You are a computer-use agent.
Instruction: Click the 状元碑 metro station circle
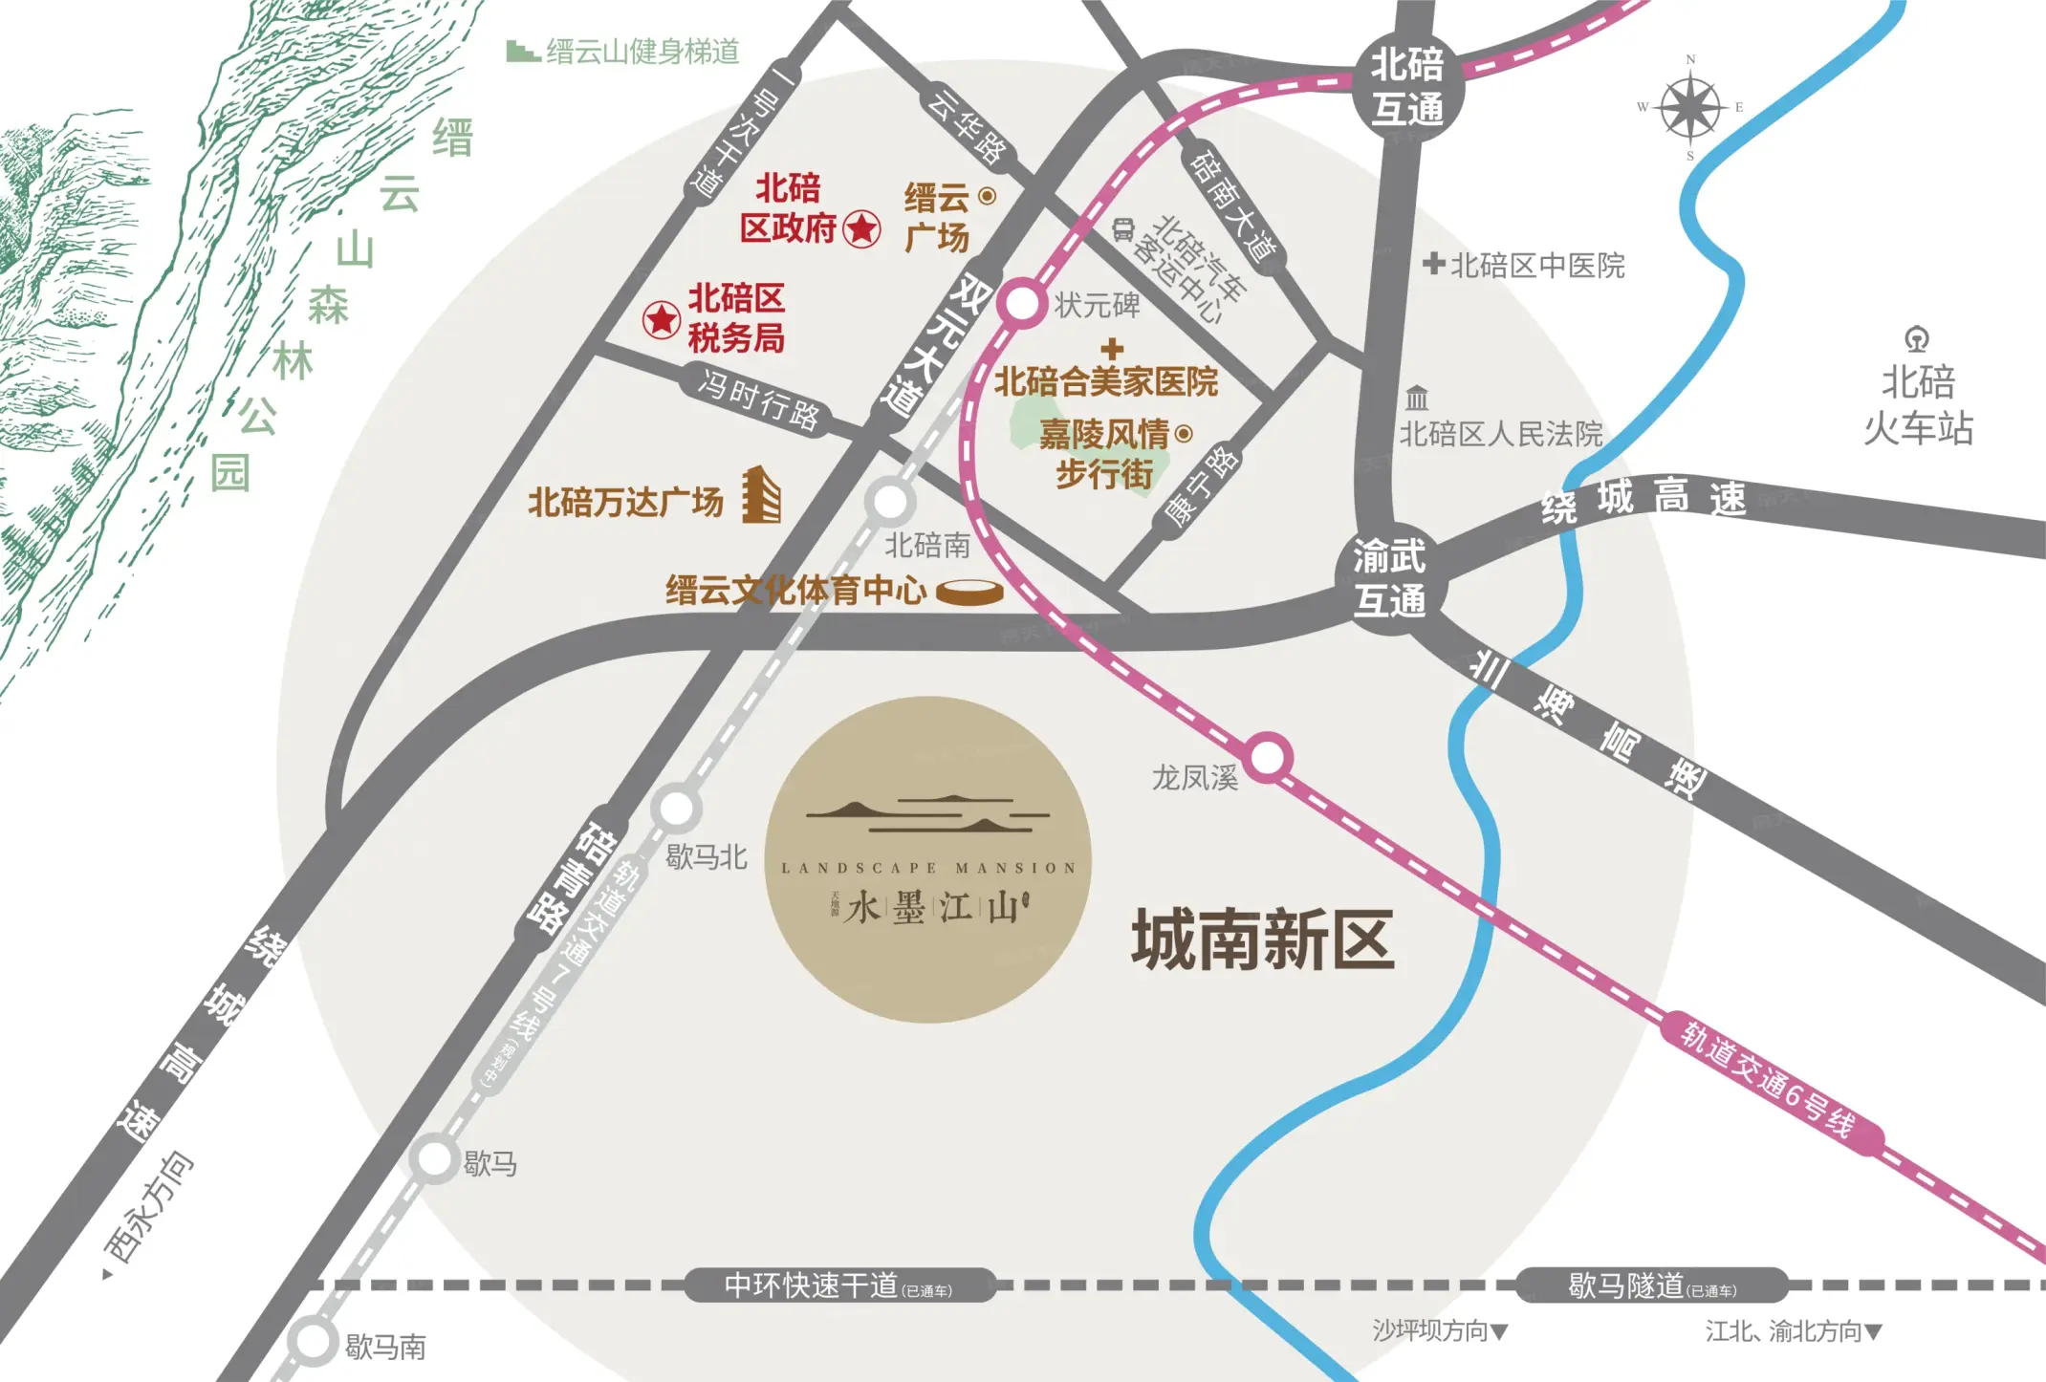pyautogui.click(x=1022, y=304)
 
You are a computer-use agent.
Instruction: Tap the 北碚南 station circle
pyautogui.click(x=890, y=501)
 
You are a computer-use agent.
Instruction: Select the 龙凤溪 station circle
pyautogui.click(x=1268, y=758)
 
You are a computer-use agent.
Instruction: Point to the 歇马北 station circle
pyautogui.click(x=677, y=809)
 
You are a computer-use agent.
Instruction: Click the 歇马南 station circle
pyautogui.click(x=313, y=1342)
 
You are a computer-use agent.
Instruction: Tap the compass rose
pyautogui.click(x=1690, y=107)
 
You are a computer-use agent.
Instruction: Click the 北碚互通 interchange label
pyautogui.click(x=1406, y=87)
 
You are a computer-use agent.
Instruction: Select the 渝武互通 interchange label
pyautogui.click(x=1389, y=578)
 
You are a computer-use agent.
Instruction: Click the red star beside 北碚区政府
pyautogui.click(x=862, y=228)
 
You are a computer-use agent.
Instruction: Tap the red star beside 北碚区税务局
pyautogui.click(x=661, y=319)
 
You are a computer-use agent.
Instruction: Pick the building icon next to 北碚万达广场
pyautogui.click(x=762, y=495)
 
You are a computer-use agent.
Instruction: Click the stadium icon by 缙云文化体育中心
pyautogui.click(x=969, y=593)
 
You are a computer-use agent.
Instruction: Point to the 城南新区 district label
pyautogui.click(x=1262, y=940)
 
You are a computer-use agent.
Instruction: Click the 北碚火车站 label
pyautogui.click(x=1918, y=405)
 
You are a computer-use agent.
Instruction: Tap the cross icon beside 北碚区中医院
pyautogui.click(x=1433, y=263)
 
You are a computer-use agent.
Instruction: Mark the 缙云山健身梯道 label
pyautogui.click(x=642, y=52)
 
